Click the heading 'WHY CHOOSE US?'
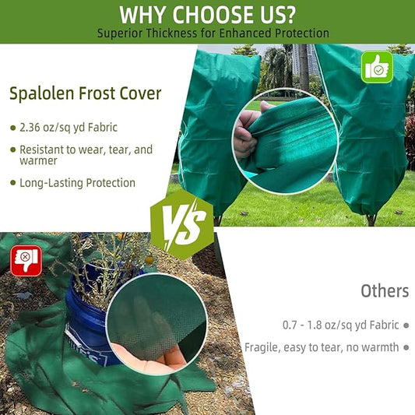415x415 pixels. [x=207, y=14]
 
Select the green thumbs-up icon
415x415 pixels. [x=378, y=68]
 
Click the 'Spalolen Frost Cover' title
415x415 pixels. [x=86, y=94]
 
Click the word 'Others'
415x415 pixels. [x=384, y=291]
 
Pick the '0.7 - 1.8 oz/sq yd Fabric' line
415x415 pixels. [x=340, y=324]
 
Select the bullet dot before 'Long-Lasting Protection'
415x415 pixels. [x=12, y=183]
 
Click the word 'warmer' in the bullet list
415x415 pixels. [x=39, y=161]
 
